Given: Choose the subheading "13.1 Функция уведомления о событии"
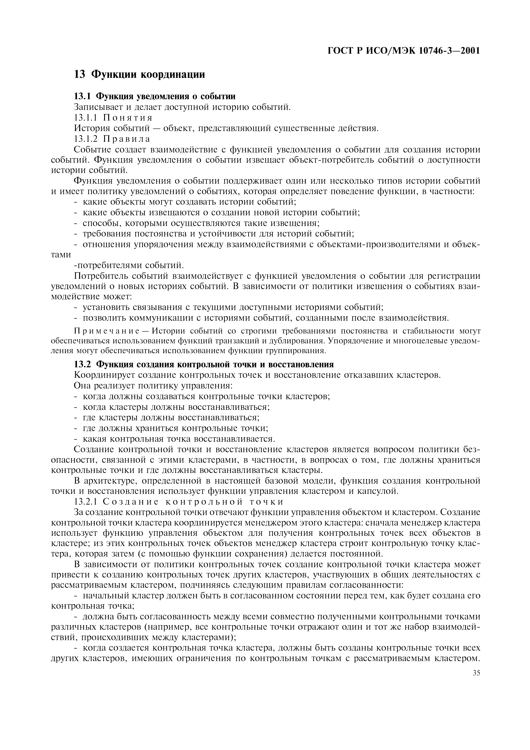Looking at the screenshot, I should click(155, 96).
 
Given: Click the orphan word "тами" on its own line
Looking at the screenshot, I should click(61, 255).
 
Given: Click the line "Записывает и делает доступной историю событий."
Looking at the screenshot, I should click(182, 107).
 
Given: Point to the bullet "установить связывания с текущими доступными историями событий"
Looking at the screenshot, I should click(233, 307).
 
